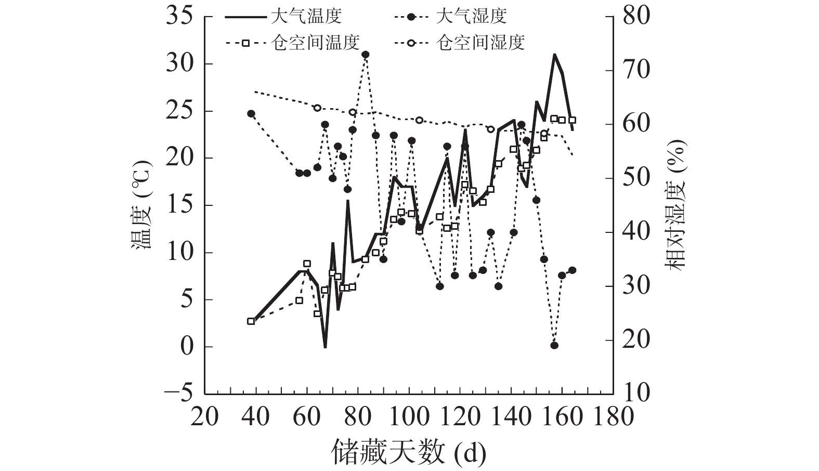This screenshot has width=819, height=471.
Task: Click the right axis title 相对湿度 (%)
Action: pyautogui.click(x=678, y=205)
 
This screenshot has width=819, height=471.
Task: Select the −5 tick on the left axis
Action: pyautogui.click(x=178, y=394)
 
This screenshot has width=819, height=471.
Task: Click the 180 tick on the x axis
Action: pyautogui.click(x=614, y=417)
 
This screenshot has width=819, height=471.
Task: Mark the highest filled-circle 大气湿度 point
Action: pyautogui.click(x=366, y=55)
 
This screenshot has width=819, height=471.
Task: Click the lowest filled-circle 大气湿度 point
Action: pyautogui.click(x=554, y=345)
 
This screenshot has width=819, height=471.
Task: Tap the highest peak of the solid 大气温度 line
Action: pyautogui.click(x=554, y=54)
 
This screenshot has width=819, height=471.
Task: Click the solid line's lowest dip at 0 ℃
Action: pyautogui.click(x=325, y=347)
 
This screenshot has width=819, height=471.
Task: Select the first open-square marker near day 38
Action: pyautogui.click(x=251, y=321)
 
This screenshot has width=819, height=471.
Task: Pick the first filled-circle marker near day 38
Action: pyautogui.click(x=251, y=113)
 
